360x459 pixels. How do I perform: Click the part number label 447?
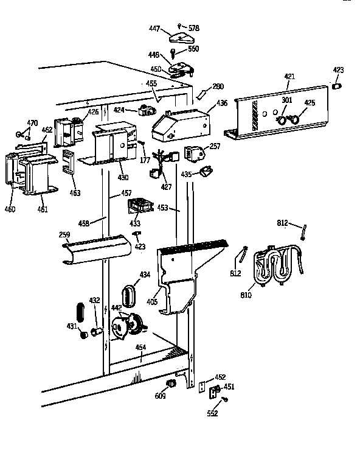(x=154, y=29)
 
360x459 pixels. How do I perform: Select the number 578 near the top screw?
(x=193, y=29)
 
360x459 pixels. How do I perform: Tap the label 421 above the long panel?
(x=289, y=76)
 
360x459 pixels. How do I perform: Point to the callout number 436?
(x=222, y=103)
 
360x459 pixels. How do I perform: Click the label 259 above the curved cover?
(x=64, y=234)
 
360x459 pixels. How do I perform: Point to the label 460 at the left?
(x=10, y=210)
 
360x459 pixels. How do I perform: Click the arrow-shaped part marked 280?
(x=202, y=92)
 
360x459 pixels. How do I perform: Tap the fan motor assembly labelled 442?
(x=129, y=324)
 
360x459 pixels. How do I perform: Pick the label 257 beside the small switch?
(x=215, y=147)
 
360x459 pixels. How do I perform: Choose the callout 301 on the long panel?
(x=286, y=100)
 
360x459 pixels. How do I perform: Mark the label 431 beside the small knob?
(x=72, y=326)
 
